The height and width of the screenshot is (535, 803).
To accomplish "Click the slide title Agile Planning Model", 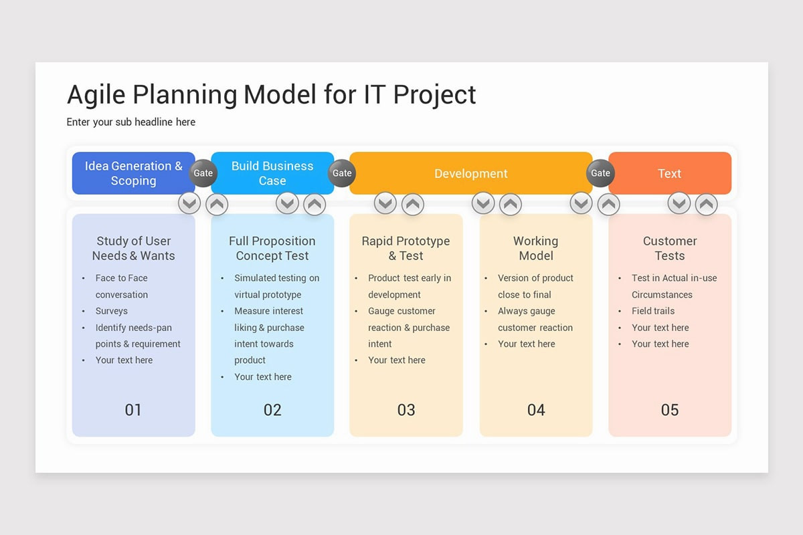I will pyautogui.click(x=271, y=95).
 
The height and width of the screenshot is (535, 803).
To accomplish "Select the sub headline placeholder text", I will pyautogui.click(x=131, y=122).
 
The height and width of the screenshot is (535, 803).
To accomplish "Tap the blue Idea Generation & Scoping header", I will pyautogui.click(x=133, y=173).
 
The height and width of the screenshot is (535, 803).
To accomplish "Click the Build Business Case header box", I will pyautogui.click(x=272, y=173).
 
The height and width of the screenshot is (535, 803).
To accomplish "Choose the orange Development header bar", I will pyautogui.click(x=470, y=174).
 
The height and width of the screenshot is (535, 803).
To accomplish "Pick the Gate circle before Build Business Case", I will pyautogui.click(x=203, y=173).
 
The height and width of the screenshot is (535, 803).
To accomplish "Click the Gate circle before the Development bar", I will pyautogui.click(x=342, y=173).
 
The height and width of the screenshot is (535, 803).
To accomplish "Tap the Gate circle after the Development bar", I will pyautogui.click(x=600, y=173).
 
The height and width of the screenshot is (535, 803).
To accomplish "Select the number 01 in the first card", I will pyautogui.click(x=133, y=410).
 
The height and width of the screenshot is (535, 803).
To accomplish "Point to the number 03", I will pyautogui.click(x=406, y=410).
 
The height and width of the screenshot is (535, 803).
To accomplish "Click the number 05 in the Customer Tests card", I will pyautogui.click(x=670, y=410).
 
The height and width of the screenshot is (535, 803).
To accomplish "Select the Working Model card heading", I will pyautogui.click(x=535, y=248).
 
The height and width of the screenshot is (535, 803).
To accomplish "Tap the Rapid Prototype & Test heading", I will pyautogui.click(x=406, y=248).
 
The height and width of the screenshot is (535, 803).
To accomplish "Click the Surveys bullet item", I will pyautogui.click(x=111, y=311).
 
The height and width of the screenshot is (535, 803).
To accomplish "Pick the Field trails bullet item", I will pyautogui.click(x=653, y=311).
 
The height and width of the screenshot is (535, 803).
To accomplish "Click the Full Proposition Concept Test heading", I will pyautogui.click(x=272, y=248).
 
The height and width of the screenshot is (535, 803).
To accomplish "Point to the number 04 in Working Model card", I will pyautogui.click(x=536, y=410).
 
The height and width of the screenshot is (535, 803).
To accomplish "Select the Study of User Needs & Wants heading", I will pyautogui.click(x=133, y=248).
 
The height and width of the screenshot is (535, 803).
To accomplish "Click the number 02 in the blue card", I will pyautogui.click(x=272, y=410).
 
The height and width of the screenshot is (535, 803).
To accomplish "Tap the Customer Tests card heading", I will pyautogui.click(x=670, y=248).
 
